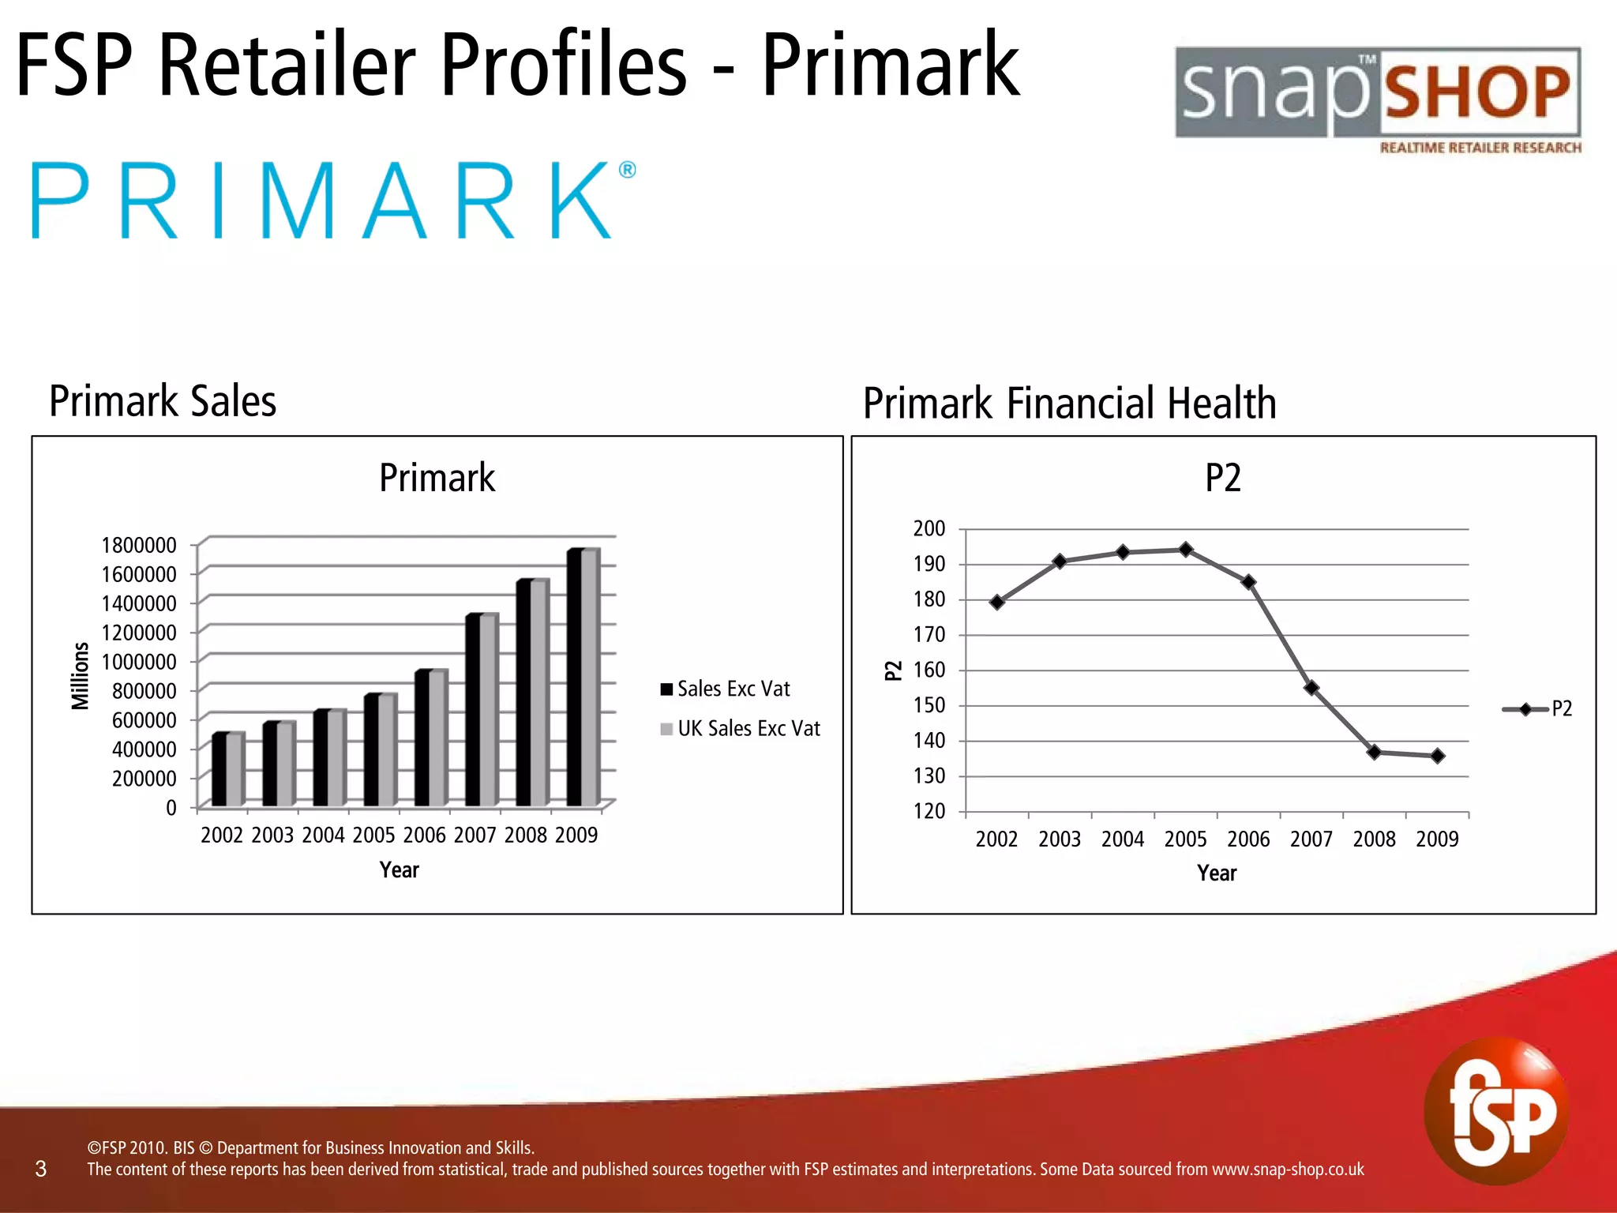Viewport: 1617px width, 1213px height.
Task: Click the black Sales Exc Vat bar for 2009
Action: pyautogui.click(x=574, y=679)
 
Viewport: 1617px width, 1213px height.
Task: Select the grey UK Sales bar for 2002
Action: pyautogui.click(x=234, y=770)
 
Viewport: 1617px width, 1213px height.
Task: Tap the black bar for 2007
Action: pyautogui.click(x=472, y=711)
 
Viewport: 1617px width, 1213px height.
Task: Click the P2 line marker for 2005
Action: pyautogui.click(x=1186, y=549)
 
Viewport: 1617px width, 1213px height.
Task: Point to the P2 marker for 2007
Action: pyautogui.click(x=1311, y=688)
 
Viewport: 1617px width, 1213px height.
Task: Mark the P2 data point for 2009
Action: pyautogui.click(x=1438, y=756)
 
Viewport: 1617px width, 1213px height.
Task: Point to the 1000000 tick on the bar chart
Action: pyautogui.click(x=139, y=662)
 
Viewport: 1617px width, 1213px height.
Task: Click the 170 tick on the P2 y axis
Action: pyautogui.click(x=929, y=635)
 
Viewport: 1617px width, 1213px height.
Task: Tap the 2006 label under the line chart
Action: pyautogui.click(x=1248, y=839)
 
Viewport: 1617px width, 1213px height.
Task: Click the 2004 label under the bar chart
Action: pyautogui.click(x=323, y=836)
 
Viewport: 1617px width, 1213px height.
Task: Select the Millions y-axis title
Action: pyautogui.click(x=81, y=676)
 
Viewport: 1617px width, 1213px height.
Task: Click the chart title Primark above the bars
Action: pyautogui.click(x=437, y=478)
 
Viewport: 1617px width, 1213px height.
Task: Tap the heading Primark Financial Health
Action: pyautogui.click(x=1069, y=404)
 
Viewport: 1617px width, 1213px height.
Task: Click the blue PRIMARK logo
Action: pyautogui.click(x=332, y=201)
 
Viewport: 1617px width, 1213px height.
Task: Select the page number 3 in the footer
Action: pyautogui.click(x=41, y=1169)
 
